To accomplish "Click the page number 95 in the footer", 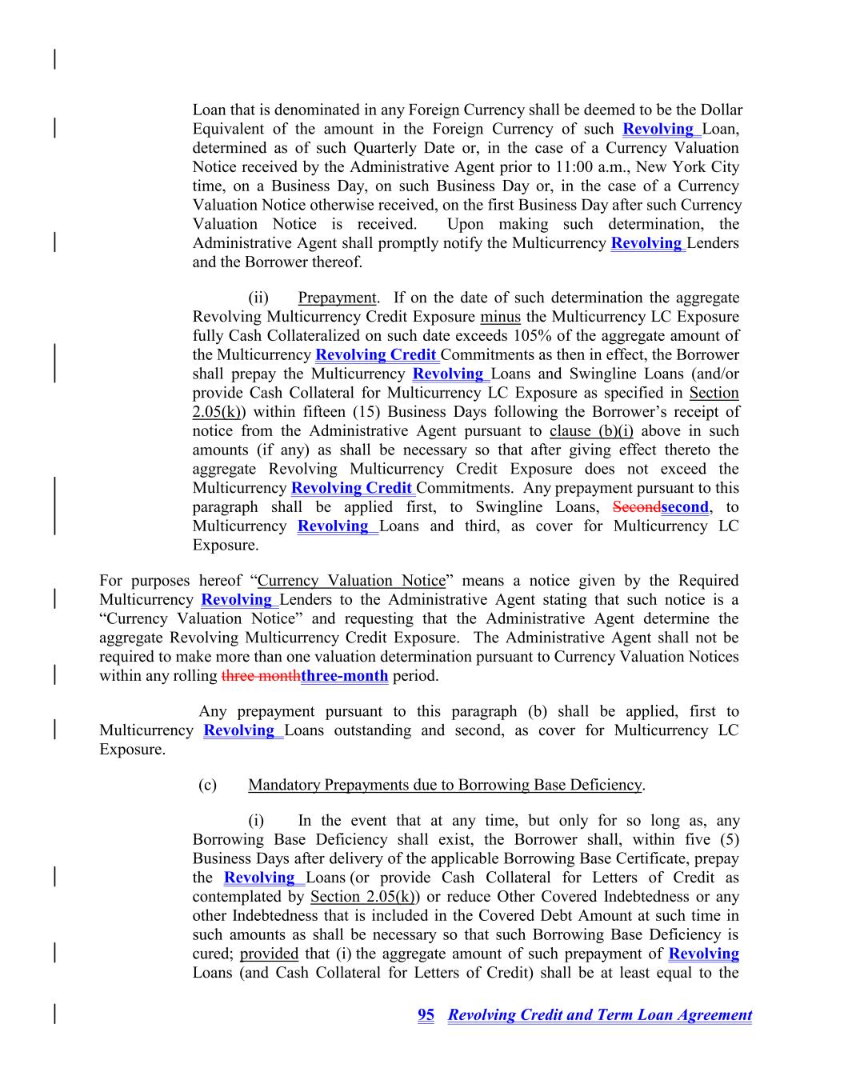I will tap(426, 1015).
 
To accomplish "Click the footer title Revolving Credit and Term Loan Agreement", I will tap(599, 1015).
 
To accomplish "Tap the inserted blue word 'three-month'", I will tap(345, 676).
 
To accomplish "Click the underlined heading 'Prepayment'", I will tap(337, 298).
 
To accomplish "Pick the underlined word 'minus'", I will tap(501, 318).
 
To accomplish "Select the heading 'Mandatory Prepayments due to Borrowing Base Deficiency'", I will tap(445, 786).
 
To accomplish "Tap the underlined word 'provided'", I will tap(269, 954).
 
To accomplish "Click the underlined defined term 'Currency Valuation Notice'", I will tap(351, 581).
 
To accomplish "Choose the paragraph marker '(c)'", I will tap(207, 786).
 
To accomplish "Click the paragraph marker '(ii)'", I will tap(258, 298).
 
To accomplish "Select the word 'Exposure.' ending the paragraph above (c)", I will tap(132, 750).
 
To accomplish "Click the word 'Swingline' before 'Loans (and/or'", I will tap(584, 374).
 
